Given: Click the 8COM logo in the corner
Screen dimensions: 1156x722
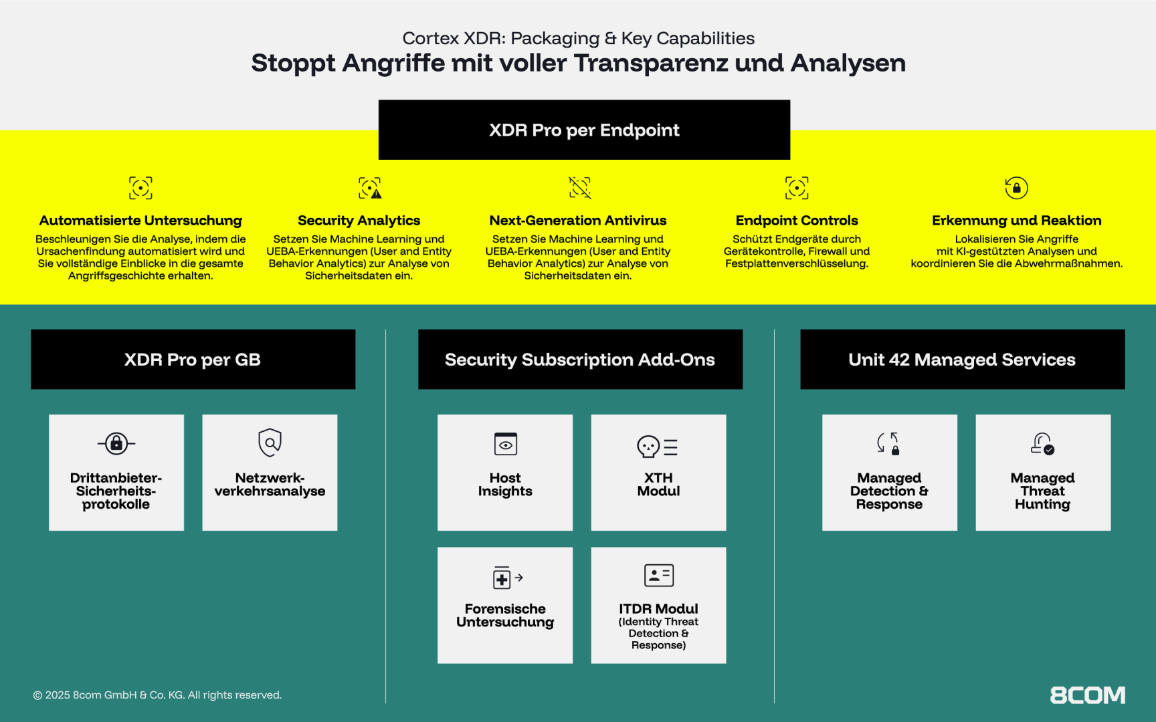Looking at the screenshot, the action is [x=1087, y=695].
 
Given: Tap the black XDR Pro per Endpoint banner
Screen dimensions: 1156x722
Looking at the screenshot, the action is [x=584, y=130].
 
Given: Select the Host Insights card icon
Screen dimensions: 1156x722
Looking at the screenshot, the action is [x=505, y=444].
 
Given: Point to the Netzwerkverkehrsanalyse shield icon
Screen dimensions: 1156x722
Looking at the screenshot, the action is [x=270, y=443].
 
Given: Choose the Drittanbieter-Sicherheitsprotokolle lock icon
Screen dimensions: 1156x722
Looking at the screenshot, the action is [x=116, y=443].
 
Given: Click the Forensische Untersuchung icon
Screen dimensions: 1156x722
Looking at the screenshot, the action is [x=508, y=578].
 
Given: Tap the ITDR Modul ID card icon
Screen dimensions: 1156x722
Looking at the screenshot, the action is [x=658, y=575].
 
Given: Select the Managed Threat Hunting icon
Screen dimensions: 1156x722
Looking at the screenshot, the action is [x=1042, y=443].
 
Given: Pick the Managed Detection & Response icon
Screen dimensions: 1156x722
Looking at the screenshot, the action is [x=888, y=443].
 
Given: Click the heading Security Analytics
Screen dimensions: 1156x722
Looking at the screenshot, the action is [x=359, y=221].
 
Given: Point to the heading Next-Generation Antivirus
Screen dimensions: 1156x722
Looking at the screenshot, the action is [x=578, y=221].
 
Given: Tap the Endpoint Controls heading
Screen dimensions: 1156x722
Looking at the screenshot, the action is [x=797, y=221].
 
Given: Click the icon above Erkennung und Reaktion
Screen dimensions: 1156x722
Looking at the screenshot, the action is [x=1016, y=188].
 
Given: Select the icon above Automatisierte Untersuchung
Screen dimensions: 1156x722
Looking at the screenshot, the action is [x=140, y=188].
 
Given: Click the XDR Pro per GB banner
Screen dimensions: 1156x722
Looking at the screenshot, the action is [x=193, y=359].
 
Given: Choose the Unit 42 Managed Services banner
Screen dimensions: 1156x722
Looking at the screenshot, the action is [x=962, y=359].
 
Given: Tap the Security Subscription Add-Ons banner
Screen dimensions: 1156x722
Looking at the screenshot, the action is [x=580, y=359].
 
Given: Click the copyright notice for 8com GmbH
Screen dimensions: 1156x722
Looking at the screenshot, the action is [x=157, y=695].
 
